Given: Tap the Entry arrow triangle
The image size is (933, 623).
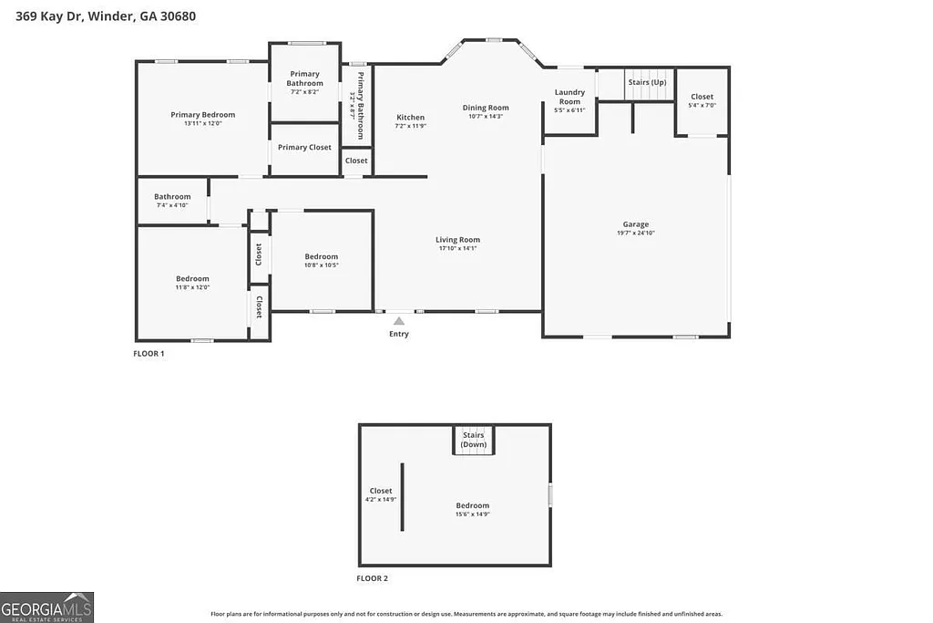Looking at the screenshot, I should pos(398,320).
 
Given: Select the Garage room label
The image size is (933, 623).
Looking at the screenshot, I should pos(636,224).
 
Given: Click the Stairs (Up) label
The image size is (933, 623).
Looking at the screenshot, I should pos(647,82).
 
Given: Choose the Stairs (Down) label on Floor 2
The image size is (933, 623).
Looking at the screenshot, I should pos(474,440).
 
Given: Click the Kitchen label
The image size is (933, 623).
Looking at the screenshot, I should pos(410,118).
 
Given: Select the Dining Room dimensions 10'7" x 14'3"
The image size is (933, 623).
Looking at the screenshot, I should pos(486,117).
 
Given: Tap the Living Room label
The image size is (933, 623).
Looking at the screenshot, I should pos(457,240).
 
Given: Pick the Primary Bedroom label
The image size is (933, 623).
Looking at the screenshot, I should pos(202,115).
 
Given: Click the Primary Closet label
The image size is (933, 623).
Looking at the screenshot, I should pos(304,148).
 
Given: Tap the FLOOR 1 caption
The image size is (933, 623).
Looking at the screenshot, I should pos(149,354).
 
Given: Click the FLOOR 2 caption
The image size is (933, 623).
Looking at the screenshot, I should pos(372,578).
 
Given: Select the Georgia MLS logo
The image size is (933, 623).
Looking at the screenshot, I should pos(47,607).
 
